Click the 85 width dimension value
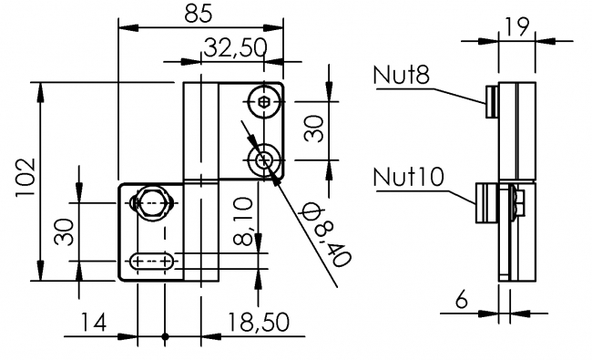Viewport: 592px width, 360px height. pyautogui.click(x=199, y=14)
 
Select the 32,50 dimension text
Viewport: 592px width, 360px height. pyautogui.click(x=235, y=48)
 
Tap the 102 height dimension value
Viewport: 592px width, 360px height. pyautogui.click(x=26, y=178)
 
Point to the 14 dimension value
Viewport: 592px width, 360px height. pyautogui.click(x=94, y=323)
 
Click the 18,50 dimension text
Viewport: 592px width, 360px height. pyautogui.click(x=259, y=323)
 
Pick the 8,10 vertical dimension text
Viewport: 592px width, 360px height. pyautogui.click(x=243, y=221)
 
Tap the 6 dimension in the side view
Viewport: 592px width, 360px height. pyautogui.click(x=462, y=300)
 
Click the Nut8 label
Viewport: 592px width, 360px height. pyautogui.click(x=402, y=75)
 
